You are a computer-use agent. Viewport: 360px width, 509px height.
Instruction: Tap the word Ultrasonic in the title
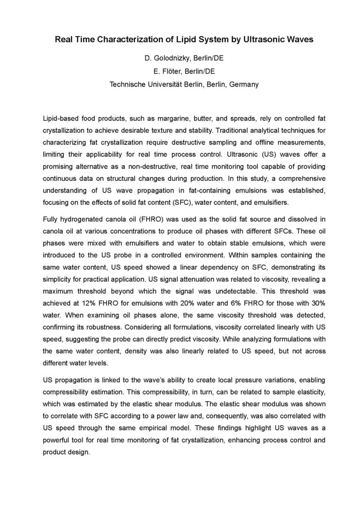tap(265, 40)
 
